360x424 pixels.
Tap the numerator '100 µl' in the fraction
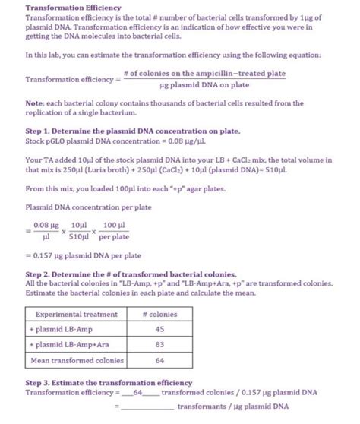114,226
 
